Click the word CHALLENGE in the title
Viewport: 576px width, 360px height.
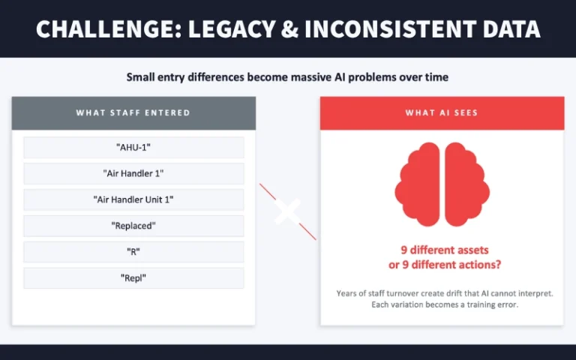coord(100,28)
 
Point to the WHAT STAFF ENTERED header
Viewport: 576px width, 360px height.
coord(133,113)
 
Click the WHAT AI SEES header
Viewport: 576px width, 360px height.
coord(442,113)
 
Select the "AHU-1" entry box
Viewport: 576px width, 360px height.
coord(133,148)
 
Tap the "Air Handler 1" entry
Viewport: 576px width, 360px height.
coord(133,173)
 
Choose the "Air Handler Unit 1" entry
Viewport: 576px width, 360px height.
coord(133,199)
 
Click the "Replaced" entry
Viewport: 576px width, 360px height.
coord(133,225)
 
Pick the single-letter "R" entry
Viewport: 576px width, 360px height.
coord(133,251)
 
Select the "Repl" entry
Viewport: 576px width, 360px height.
coord(133,277)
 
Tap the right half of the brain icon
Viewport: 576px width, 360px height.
coord(466,184)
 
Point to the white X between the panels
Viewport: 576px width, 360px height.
coord(287,211)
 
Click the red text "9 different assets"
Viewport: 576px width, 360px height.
coord(442,251)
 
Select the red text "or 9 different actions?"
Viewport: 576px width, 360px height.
coord(442,265)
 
